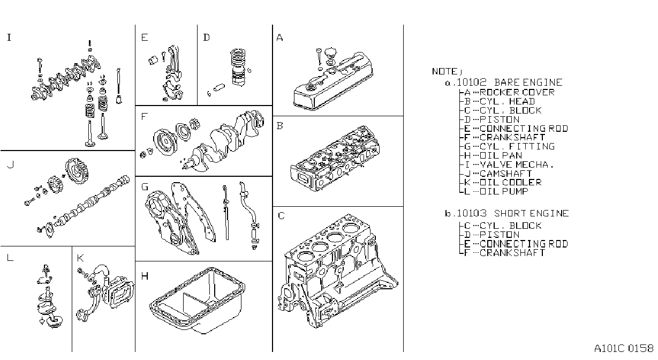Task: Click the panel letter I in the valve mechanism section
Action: (x=9, y=37)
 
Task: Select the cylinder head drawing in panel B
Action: (x=335, y=159)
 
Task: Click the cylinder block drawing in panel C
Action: (x=338, y=271)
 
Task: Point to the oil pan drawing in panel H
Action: (x=198, y=301)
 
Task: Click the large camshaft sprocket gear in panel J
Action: (x=77, y=171)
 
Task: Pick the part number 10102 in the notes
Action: (x=472, y=82)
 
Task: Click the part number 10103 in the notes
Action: (x=472, y=213)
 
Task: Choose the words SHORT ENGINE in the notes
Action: (x=532, y=213)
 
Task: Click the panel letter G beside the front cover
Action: (x=145, y=187)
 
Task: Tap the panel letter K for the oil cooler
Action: (x=80, y=258)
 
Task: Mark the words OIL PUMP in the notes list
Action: (x=504, y=191)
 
